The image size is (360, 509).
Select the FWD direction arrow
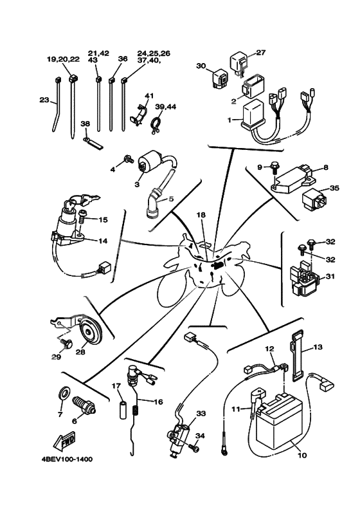[x=64, y=441]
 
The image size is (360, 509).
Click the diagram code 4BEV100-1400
[x=67, y=459]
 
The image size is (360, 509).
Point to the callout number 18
[x=201, y=215]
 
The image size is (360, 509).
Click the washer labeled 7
[x=64, y=392]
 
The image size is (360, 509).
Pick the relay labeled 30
[x=220, y=79]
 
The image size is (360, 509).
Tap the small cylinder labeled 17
[x=122, y=411]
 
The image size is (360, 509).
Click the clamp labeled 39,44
[x=155, y=125]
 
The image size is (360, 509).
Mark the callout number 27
[x=260, y=53]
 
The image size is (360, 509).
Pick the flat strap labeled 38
[x=93, y=143]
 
